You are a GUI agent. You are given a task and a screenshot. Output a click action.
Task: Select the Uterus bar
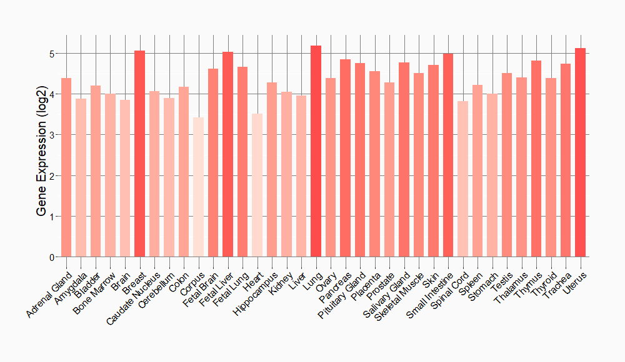pyautogui.click(x=581, y=152)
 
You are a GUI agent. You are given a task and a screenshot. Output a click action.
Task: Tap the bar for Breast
pyautogui.click(x=139, y=154)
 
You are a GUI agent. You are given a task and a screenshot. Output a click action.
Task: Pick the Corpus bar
pyautogui.click(x=198, y=187)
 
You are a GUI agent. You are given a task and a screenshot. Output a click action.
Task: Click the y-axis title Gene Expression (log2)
pyautogui.click(x=41, y=156)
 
